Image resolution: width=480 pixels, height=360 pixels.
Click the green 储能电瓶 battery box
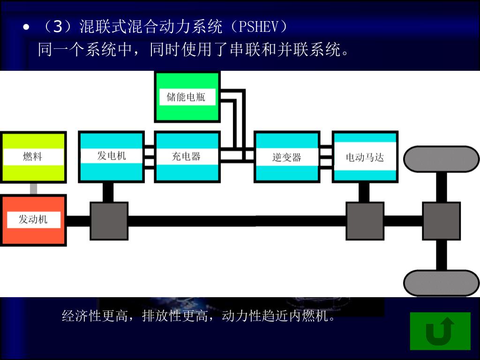click(x=187, y=97)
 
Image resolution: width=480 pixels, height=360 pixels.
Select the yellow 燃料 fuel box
click(x=33, y=157)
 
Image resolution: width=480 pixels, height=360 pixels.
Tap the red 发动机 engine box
click(x=33, y=220)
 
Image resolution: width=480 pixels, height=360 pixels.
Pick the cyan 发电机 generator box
click(x=112, y=157)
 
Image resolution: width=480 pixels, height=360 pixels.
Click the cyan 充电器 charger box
click(x=187, y=157)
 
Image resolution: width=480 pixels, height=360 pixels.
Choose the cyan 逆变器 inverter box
click(x=287, y=157)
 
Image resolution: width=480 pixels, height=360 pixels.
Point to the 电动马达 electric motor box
click(x=365, y=157)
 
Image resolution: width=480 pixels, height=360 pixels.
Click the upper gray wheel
click(x=441, y=159)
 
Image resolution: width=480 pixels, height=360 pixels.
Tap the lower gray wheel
click(x=441, y=283)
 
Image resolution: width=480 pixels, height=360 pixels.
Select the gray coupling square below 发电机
click(x=109, y=221)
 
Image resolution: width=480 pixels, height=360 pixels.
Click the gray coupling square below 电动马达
click(x=365, y=221)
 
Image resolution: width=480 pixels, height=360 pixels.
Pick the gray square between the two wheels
click(x=441, y=221)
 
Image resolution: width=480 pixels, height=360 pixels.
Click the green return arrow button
click(x=440, y=331)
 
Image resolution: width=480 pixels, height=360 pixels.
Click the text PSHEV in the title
click(x=259, y=27)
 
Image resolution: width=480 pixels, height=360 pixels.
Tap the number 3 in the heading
click(x=58, y=27)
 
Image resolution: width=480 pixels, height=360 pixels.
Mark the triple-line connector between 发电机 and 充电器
click(x=150, y=157)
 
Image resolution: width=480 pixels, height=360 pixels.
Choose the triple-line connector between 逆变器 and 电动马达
click(x=326, y=157)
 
